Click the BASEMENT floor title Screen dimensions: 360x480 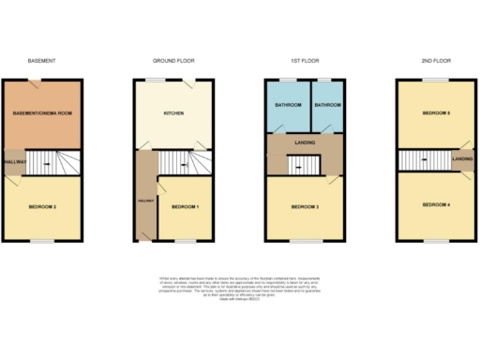click(42, 61)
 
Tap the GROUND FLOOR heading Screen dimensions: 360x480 click(173, 61)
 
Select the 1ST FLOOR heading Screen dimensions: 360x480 click(306, 61)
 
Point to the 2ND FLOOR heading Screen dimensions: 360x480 click(437, 61)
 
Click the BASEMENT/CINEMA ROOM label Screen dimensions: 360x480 click(42, 113)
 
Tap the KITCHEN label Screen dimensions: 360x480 click(173, 113)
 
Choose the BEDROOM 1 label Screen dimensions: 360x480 click(184, 206)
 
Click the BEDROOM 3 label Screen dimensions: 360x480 click(306, 206)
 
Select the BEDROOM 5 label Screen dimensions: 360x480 click(437, 113)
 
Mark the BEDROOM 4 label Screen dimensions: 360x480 click(437, 204)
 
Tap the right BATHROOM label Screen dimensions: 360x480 click(327, 106)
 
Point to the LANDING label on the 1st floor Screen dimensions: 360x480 click(306, 142)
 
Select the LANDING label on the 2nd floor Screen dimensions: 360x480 click(462, 159)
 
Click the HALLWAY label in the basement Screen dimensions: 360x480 click(13, 161)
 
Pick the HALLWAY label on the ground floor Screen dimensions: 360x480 click(143, 201)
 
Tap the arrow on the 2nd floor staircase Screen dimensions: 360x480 click(423, 159)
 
